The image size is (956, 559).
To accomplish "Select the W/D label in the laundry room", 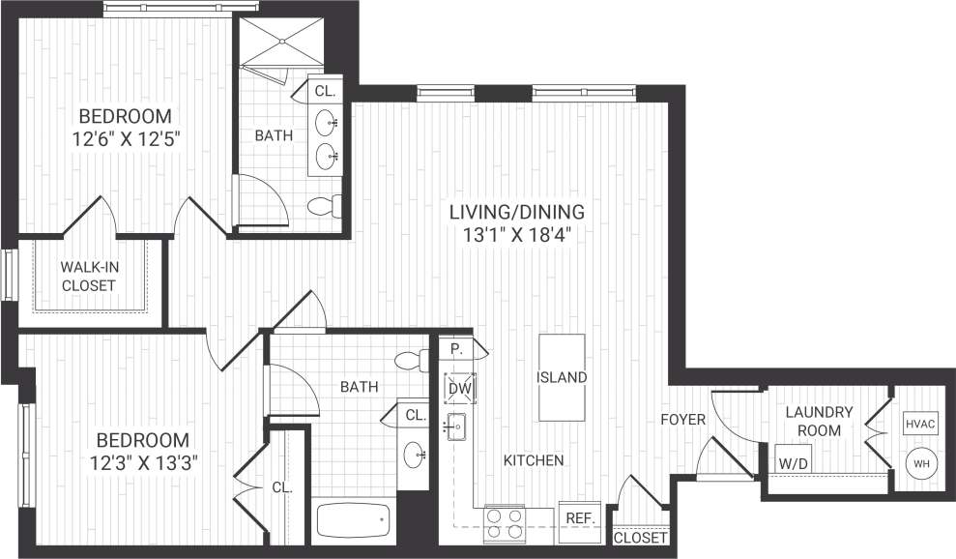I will tap(794, 462).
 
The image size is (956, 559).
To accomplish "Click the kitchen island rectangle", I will tap(562, 377).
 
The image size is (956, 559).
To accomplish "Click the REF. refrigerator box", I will tap(579, 518).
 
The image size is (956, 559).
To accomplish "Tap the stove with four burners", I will tap(504, 523).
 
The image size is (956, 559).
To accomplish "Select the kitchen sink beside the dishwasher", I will tap(455, 425).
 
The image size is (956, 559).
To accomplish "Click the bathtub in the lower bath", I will tap(354, 522).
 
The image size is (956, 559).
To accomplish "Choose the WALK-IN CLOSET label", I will tap(88, 276).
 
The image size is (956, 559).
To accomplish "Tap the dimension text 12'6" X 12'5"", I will tap(127, 138).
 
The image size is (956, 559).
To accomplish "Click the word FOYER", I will tap(682, 420).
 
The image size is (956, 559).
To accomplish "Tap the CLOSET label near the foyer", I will tap(640, 538).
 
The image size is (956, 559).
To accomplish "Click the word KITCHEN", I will tap(533, 460).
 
